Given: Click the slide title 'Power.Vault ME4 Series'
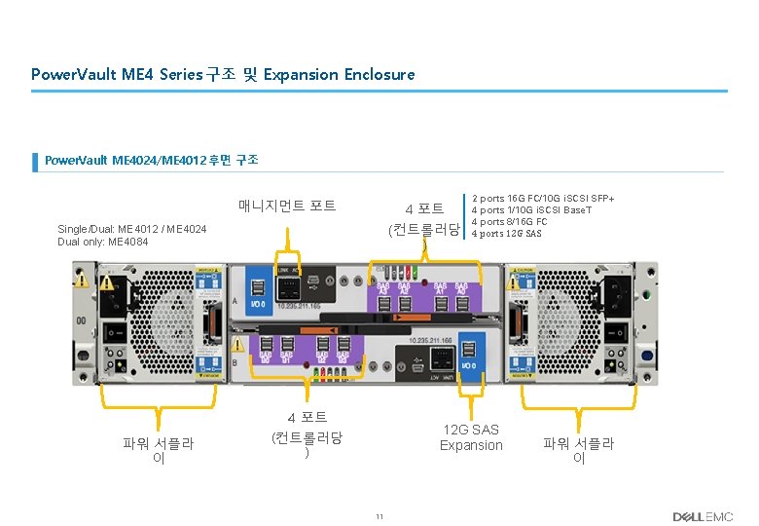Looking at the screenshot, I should coord(117,74).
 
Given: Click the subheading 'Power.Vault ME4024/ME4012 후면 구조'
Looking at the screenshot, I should coord(152,159).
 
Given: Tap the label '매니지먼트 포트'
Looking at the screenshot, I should coord(287,206).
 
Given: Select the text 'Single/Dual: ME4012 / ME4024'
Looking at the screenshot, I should coord(132,229).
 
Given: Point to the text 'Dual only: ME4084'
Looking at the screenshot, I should coord(103,242).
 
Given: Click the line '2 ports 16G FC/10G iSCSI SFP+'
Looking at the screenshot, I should coord(550,199).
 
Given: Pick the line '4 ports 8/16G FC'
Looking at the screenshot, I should coord(523,222).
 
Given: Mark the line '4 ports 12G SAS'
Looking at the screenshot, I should coord(507,234).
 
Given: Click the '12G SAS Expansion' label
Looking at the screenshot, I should coord(471,437).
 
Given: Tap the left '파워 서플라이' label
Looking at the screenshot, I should coord(158,450).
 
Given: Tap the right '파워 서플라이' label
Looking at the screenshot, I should coord(578,450).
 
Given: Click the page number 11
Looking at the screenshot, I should coord(379,516).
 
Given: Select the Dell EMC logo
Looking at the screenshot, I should coord(702,516).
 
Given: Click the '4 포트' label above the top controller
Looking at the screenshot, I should coord(425,208).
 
